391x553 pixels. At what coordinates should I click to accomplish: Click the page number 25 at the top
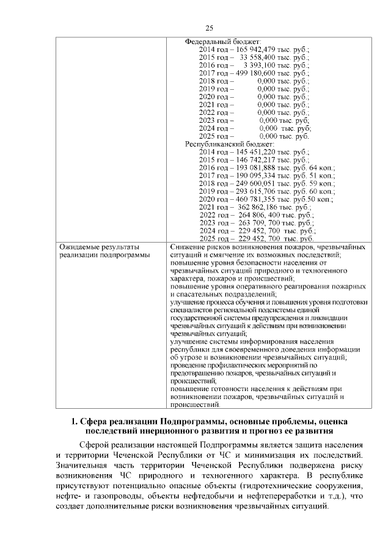(x=209, y=28)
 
